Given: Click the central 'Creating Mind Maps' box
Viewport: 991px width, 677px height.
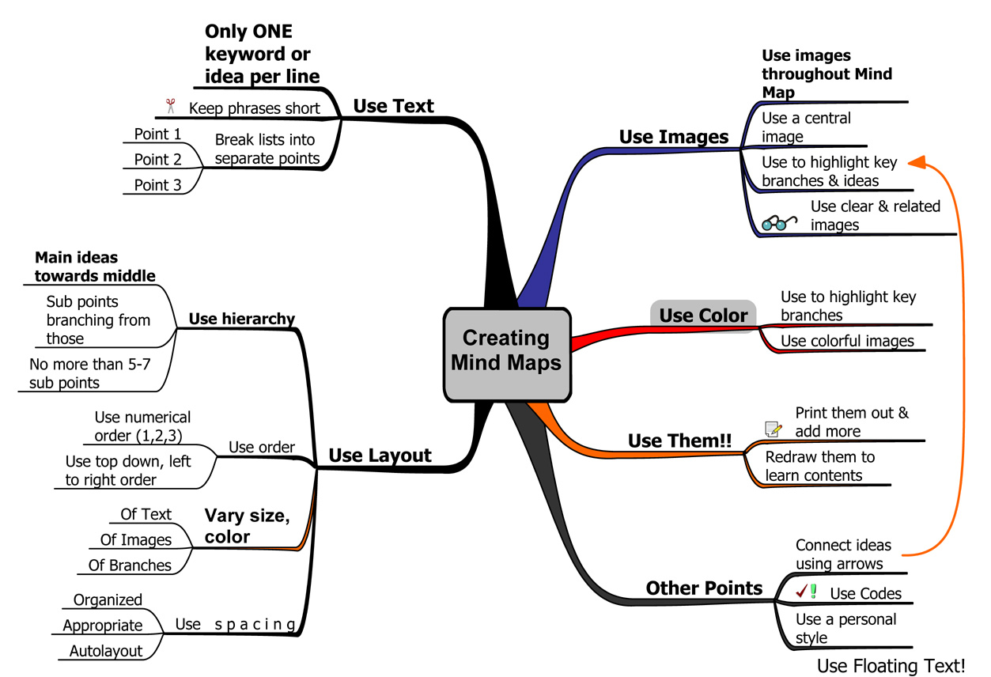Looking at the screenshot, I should [506, 352].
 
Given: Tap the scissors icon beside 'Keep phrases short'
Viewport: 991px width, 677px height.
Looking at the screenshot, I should [169, 106].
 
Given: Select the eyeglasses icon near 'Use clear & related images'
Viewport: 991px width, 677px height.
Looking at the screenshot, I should [779, 223].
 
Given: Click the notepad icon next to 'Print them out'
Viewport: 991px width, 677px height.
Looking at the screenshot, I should [774, 429].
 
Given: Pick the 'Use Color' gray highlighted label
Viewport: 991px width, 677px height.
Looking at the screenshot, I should [702, 316].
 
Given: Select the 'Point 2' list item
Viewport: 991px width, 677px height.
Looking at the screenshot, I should [157, 159].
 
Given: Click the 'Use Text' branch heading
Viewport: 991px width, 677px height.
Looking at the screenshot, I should [393, 106].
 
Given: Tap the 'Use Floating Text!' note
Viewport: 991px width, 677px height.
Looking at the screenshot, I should [891, 666].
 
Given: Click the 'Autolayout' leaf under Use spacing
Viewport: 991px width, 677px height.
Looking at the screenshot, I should [106, 651].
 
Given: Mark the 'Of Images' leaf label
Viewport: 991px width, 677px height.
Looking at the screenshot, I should [135, 539].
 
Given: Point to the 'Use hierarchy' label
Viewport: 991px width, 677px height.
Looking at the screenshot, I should [241, 319].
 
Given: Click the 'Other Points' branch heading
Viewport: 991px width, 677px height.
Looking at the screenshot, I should [704, 588].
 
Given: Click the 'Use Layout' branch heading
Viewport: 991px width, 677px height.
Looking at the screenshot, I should [380, 456].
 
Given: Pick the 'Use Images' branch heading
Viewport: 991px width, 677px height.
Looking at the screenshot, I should [673, 136].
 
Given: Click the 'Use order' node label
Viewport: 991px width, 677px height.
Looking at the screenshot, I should [261, 447].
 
